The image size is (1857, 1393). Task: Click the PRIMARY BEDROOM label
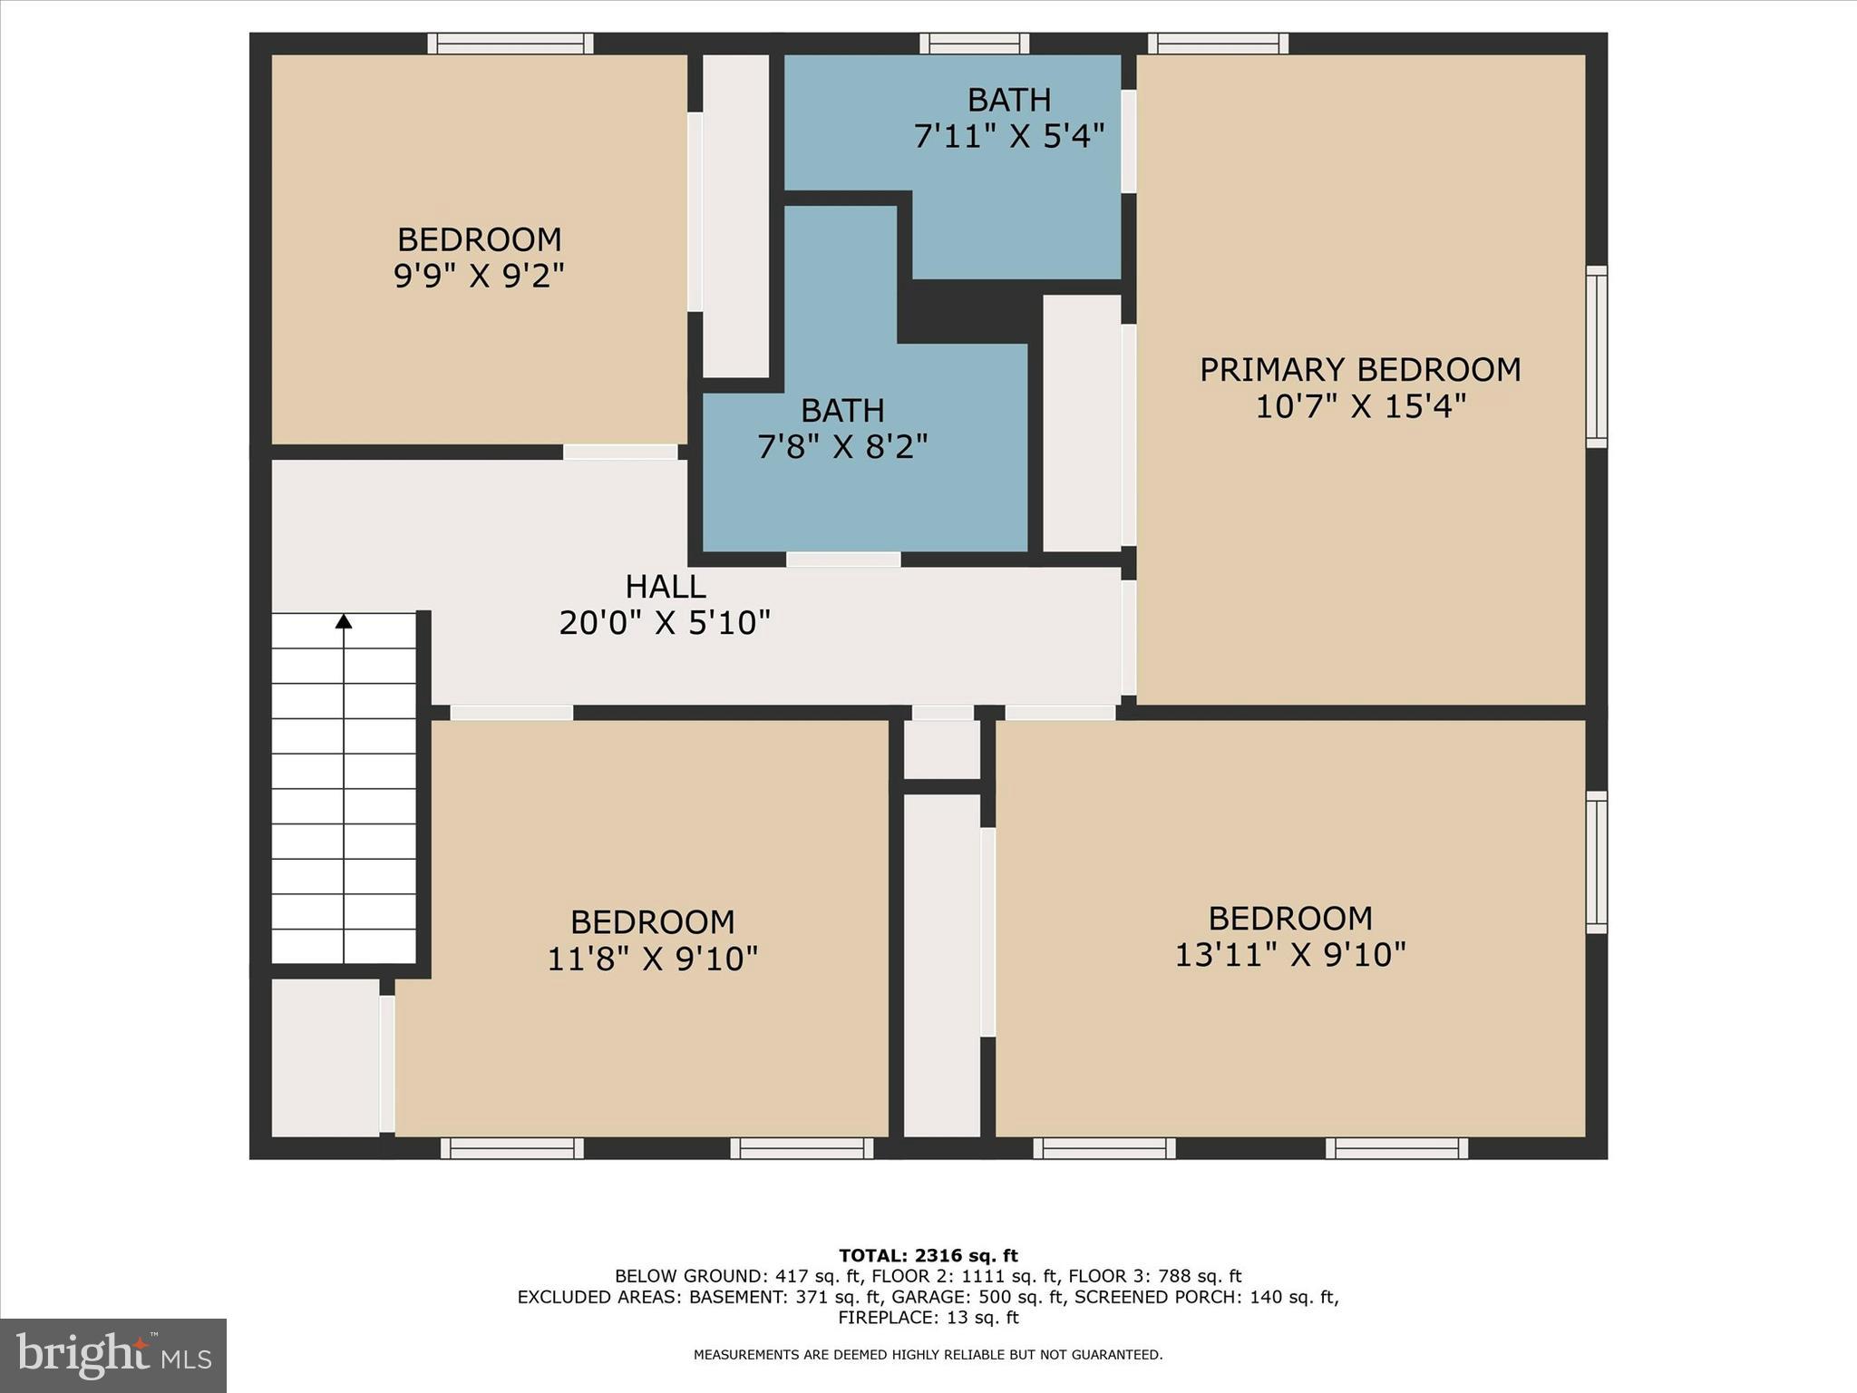click(1359, 370)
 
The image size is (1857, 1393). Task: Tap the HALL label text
click(666, 587)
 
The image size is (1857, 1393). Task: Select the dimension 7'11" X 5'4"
click(1008, 136)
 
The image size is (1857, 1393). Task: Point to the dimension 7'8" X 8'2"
click(842, 446)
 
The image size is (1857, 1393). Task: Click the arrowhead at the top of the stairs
click(344, 621)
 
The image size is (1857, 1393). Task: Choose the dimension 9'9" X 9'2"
click(479, 275)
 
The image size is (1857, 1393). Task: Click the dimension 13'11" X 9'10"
click(1289, 955)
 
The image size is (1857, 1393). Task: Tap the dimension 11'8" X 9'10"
click(652, 959)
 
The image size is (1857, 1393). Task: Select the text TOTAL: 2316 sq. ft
click(928, 1256)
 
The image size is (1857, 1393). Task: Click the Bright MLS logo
click(113, 1355)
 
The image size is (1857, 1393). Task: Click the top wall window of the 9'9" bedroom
click(510, 44)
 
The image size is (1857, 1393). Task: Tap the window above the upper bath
click(974, 44)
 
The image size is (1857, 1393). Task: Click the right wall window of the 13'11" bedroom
click(1596, 862)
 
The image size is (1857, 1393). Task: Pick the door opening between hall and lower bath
click(843, 560)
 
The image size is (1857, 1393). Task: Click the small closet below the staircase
click(325, 1057)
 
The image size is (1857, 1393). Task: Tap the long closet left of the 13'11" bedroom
click(942, 965)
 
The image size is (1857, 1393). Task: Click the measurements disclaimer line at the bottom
click(928, 1355)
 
